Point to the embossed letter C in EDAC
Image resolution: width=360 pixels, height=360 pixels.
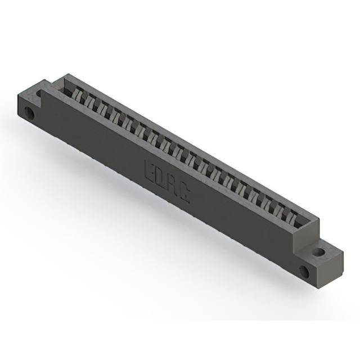184,195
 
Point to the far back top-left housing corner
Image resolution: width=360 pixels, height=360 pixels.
68,74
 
